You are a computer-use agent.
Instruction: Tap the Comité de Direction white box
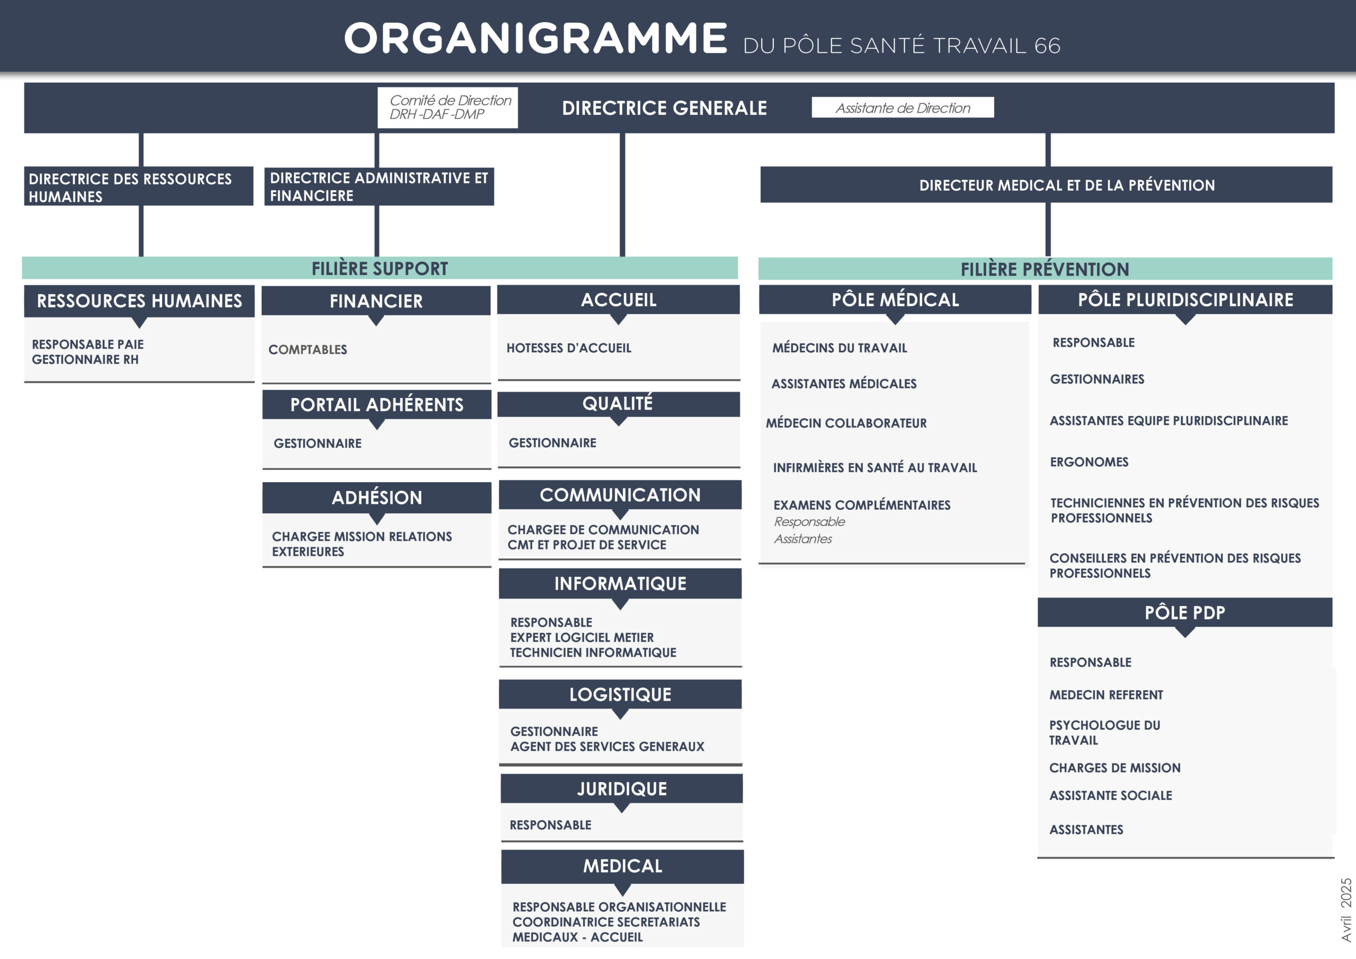pyautogui.click(x=448, y=108)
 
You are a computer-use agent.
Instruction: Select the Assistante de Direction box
pyautogui.click(x=903, y=108)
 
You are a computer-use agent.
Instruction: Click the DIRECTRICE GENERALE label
pyautogui.click(x=664, y=108)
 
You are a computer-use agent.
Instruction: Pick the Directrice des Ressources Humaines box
pyautogui.click(x=139, y=186)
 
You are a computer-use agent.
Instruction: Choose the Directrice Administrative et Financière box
pyautogui.click(x=379, y=186)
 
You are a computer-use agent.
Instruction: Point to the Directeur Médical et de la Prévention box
pyautogui.click(x=1046, y=185)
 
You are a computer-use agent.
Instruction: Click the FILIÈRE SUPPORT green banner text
pyautogui.click(x=380, y=268)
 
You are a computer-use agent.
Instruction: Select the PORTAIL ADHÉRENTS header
pyautogui.click(x=377, y=405)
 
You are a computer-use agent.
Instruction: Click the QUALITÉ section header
pyautogui.click(x=618, y=404)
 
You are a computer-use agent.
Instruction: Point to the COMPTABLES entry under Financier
pyautogui.click(x=308, y=349)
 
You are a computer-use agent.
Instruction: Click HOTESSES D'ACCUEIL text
pyautogui.click(x=569, y=348)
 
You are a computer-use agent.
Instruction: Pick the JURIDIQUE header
pyautogui.click(x=622, y=789)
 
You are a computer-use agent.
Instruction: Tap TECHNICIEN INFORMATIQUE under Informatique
pyautogui.click(x=593, y=652)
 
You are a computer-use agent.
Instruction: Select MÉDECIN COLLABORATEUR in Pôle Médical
pyautogui.click(x=846, y=423)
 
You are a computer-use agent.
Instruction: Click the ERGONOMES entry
pyautogui.click(x=1089, y=461)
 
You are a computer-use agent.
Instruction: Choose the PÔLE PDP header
pyautogui.click(x=1185, y=612)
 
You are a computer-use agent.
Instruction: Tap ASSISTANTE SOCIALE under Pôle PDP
pyautogui.click(x=1110, y=795)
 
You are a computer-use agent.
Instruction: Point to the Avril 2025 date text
pyautogui.click(x=1346, y=909)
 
